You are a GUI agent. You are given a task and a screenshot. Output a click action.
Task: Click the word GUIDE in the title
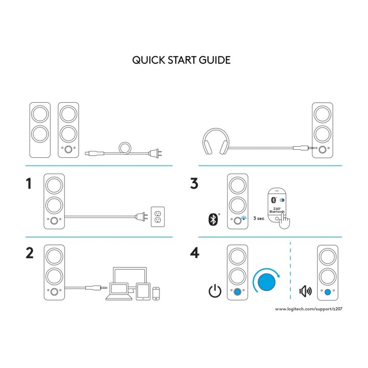pos(215,60)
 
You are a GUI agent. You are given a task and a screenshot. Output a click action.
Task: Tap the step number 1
pos(29,183)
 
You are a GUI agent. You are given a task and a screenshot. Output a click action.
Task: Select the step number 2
pos(30,253)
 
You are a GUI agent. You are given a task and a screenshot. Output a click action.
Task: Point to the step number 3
pos(194,183)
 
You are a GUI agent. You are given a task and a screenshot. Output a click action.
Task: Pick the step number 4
pos(195,253)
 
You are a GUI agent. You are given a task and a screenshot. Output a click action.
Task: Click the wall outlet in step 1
pos(158,217)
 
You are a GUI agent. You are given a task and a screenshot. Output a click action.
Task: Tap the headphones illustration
pos(216,141)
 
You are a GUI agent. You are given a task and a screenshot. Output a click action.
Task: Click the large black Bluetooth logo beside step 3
pos(213,220)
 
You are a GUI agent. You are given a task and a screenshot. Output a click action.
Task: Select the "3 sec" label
pos(259,219)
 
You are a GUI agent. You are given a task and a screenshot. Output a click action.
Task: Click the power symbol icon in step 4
pos(215,291)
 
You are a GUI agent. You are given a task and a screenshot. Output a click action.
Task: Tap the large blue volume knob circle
pos(266,282)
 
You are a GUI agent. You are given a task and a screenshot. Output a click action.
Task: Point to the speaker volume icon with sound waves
pos(305,291)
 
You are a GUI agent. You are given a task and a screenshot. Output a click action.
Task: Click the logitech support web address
pos(309,309)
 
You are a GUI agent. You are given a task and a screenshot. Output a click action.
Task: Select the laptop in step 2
pos(119,291)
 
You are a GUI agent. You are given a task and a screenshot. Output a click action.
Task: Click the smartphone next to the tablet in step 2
pos(156,293)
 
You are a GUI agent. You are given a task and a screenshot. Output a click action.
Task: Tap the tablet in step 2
pos(143,291)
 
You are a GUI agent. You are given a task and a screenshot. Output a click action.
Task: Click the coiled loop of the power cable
pos(125,148)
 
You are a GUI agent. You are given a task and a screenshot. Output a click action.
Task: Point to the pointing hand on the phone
pos(285,221)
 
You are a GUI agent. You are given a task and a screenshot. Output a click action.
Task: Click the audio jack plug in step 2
pos(96,287)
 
